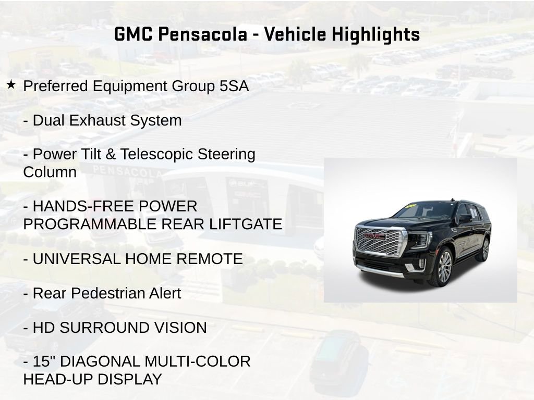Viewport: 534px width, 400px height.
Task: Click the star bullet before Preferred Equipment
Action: coord(11,85)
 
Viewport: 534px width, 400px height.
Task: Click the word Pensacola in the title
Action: coord(202,34)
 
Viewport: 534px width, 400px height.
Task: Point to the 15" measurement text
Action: coord(43,361)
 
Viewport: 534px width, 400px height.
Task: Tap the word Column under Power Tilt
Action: coord(50,172)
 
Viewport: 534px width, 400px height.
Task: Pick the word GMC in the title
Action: coord(133,34)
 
